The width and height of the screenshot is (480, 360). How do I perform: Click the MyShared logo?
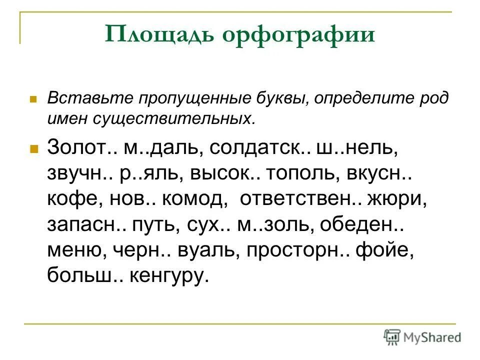[422, 337]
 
